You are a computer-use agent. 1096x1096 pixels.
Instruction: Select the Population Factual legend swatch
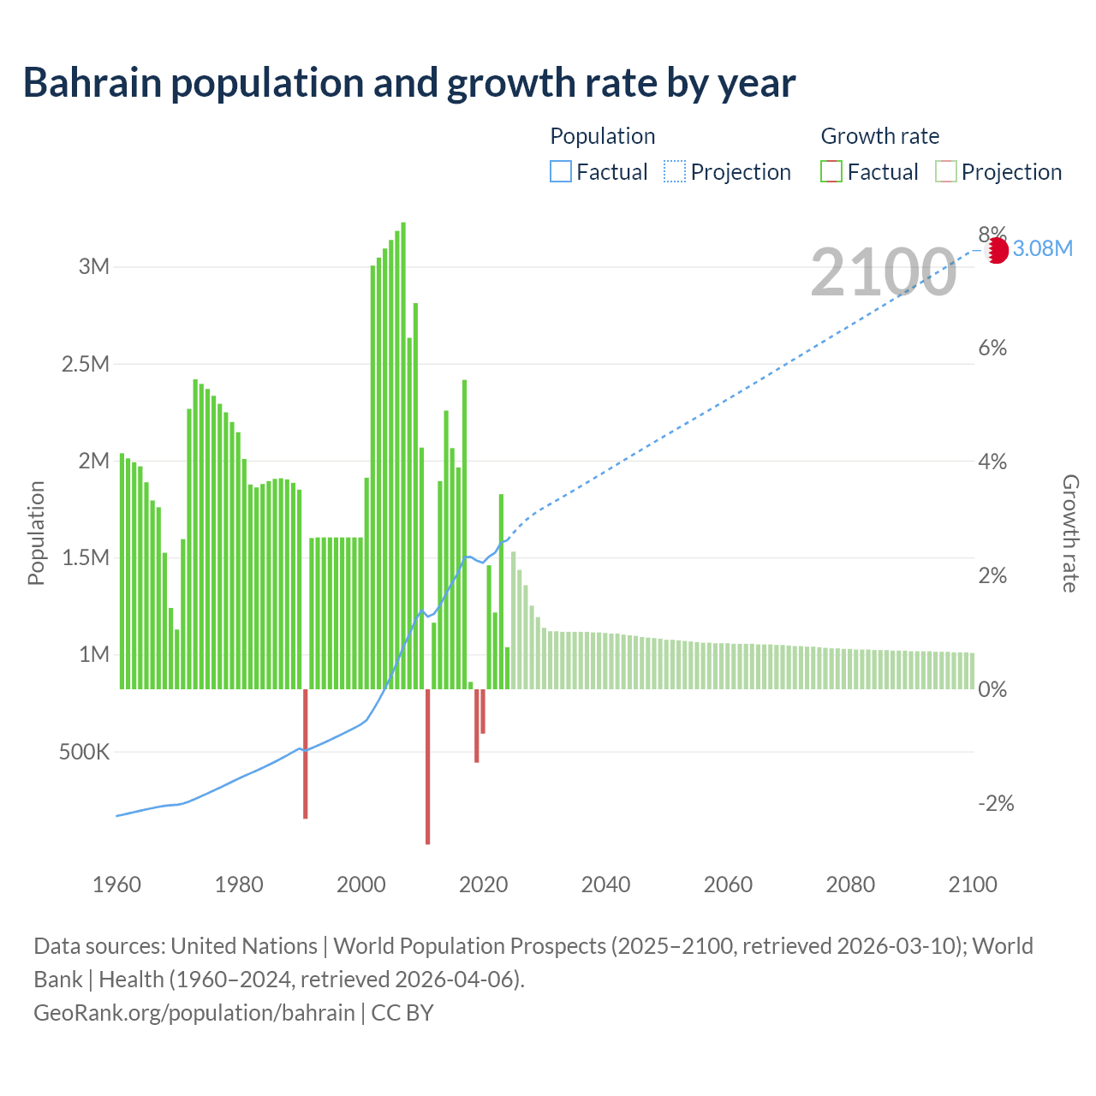click(560, 172)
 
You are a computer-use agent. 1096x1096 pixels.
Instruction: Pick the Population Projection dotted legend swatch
click(675, 172)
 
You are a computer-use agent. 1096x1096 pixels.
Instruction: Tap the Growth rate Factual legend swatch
click(831, 172)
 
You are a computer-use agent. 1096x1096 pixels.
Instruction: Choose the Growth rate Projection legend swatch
click(945, 172)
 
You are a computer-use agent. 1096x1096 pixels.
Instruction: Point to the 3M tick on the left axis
click(94, 266)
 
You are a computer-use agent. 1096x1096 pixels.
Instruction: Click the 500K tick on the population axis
click(84, 753)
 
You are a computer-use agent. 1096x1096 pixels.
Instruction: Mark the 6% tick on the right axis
click(992, 348)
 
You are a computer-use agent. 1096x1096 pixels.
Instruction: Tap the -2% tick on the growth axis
click(996, 803)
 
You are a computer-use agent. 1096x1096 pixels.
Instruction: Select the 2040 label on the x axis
click(605, 885)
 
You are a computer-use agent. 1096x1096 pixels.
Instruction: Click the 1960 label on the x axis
click(116, 885)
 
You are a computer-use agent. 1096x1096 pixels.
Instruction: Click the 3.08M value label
click(1042, 249)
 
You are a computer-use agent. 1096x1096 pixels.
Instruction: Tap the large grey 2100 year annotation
click(883, 272)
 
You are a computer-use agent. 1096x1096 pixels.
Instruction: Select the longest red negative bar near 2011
click(427, 766)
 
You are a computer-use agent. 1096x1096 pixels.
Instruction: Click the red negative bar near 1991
click(305, 753)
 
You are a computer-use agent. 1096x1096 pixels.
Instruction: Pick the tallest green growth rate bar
click(403, 454)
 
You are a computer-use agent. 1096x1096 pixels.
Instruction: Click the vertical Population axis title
click(36, 533)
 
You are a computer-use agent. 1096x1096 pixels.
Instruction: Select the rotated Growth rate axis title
click(1070, 533)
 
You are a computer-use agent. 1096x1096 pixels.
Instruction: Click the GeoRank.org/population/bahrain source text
click(194, 1013)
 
